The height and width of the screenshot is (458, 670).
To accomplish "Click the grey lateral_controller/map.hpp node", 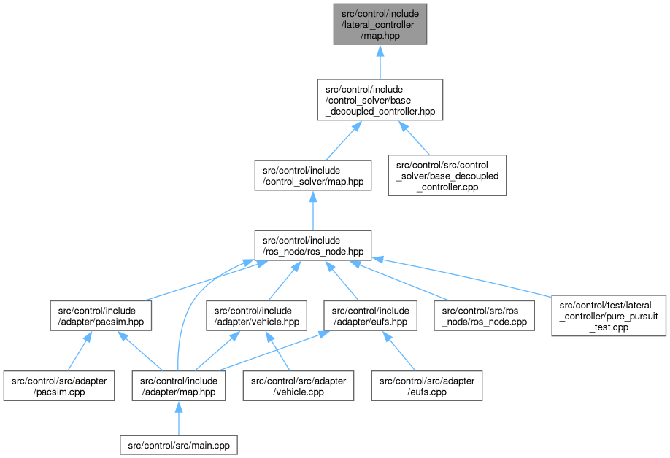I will tap(380, 24).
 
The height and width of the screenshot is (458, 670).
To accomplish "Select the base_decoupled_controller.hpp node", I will tap(380, 99).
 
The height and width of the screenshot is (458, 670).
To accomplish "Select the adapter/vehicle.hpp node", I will tap(253, 317).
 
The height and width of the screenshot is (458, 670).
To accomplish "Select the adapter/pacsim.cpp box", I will tap(58, 386).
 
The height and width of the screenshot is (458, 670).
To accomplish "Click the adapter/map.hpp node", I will tap(178, 386).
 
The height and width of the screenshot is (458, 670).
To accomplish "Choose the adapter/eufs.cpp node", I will tap(427, 386).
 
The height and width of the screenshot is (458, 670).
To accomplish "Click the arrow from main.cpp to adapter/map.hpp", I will tap(179, 417).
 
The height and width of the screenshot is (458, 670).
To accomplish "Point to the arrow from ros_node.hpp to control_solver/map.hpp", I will tap(312, 211).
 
